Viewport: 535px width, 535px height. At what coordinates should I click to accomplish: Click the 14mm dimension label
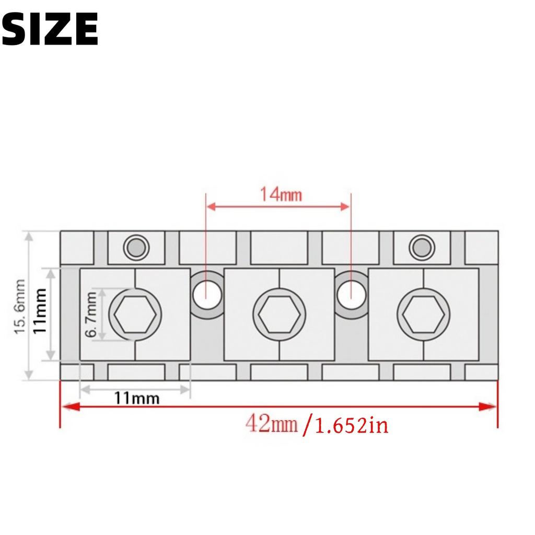click(281, 194)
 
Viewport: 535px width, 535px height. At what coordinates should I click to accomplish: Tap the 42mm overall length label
click(272, 424)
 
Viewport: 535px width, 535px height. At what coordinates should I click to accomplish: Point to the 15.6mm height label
click(19, 307)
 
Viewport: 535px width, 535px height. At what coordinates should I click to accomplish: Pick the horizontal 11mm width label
click(137, 398)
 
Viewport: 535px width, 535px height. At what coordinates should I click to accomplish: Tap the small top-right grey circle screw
click(421, 247)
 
